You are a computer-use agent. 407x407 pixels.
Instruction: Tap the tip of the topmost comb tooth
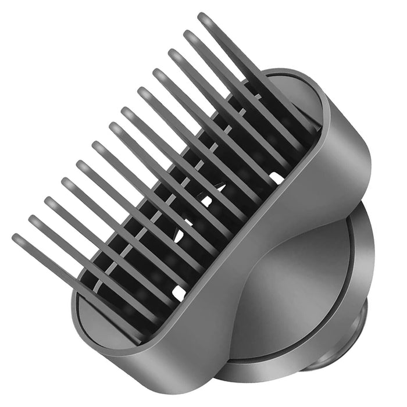click(202, 16)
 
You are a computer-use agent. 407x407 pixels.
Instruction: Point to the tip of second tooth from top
click(188, 34)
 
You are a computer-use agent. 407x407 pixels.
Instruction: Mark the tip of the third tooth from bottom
click(48, 201)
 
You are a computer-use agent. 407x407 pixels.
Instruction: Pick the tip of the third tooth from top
click(173, 53)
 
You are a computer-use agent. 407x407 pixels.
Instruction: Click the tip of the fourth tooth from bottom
click(65, 181)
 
